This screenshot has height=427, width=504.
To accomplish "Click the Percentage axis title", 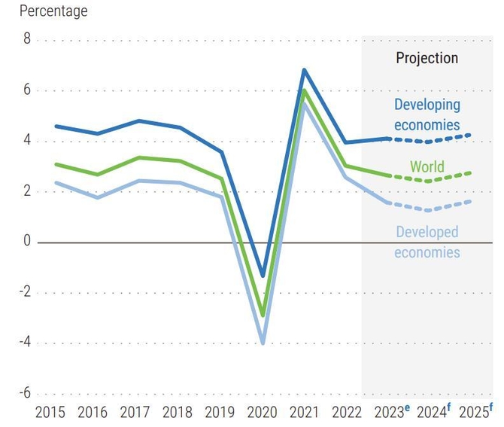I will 53,11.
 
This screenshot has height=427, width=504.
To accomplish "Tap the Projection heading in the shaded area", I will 427,58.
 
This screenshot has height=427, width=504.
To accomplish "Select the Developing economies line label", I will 427,114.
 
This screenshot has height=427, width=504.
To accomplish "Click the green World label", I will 427,167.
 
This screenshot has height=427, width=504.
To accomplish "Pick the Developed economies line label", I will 427,242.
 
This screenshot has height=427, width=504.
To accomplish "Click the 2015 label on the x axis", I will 50,413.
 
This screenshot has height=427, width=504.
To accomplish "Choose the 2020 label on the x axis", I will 263,413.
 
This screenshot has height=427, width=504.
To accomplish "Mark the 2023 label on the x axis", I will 389,413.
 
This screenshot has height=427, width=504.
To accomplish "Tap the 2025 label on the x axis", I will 473,413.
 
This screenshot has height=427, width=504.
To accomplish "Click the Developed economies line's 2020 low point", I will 263,343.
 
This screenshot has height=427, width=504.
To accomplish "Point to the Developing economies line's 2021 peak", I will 304,69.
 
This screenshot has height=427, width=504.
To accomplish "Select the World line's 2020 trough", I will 263,316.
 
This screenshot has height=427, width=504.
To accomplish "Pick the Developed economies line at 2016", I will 97,197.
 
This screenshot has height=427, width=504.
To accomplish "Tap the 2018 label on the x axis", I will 178,413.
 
